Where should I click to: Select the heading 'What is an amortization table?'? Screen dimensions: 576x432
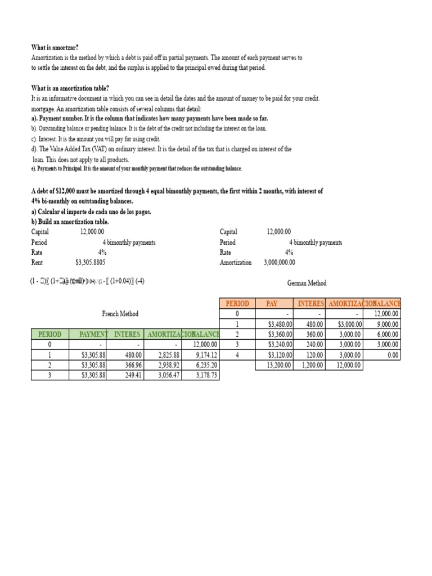[x=70, y=88]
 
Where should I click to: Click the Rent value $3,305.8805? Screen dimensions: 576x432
[x=90, y=262]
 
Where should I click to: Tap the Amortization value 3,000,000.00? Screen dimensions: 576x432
[x=279, y=262]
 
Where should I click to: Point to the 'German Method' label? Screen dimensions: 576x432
[x=307, y=283]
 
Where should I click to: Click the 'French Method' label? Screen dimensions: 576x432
[x=120, y=314]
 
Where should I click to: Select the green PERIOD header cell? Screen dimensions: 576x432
[x=49, y=334]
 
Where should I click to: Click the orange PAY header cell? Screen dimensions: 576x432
[x=272, y=304]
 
